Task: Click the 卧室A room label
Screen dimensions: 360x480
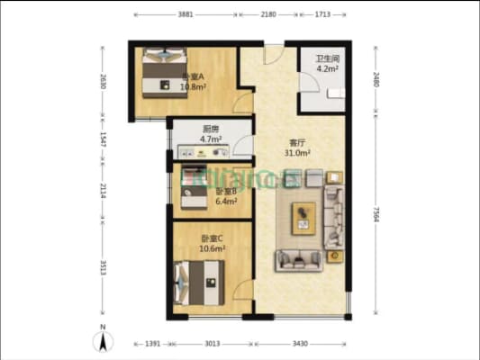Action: (192, 77)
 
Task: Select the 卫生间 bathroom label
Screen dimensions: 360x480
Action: (325, 59)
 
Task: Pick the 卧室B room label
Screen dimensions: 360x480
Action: (225, 192)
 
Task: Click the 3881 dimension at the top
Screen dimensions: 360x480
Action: (185, 15)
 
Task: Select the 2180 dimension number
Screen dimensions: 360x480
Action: (268, 15)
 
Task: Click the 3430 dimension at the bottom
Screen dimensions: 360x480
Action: (301, 344)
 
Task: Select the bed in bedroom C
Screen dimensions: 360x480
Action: (200, 281)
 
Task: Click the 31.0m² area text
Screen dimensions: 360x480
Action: (297, 154)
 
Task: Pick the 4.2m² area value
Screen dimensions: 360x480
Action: (325, 69)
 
